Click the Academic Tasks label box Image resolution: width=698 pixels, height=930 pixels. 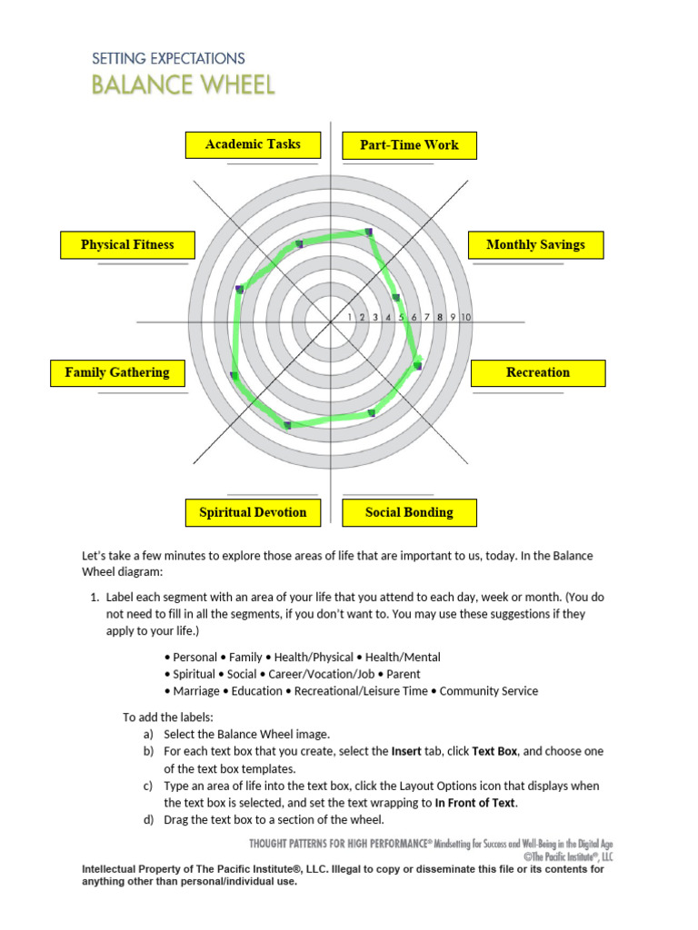[x=254, y=145]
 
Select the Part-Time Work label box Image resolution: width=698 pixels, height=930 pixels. [x=409, y=145]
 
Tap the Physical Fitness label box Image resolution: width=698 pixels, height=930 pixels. [x=127, y=245]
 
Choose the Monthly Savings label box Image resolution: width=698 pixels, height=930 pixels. [x=536, y=245]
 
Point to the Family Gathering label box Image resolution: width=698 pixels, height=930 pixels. [x=117, y=373]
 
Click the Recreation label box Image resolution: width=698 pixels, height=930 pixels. [x=538, y=373]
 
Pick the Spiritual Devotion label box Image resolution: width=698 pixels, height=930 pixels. [x=253, y=513]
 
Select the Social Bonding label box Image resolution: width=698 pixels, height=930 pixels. [x=409, y=513]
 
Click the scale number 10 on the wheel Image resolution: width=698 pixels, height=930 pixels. [x=465, y=317]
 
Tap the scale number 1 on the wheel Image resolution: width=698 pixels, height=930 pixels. [x=349, y=317]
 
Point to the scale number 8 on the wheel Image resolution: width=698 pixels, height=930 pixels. [x=440, y=317]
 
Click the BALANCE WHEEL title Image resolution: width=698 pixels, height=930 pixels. [x=183, y=85]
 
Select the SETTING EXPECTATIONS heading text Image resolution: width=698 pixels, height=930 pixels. [x=168, y=58]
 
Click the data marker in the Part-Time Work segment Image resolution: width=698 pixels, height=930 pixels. [x=369, y=232]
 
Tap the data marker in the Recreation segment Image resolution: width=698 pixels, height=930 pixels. [x=418, y=365]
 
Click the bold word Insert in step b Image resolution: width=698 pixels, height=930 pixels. [x=406, y=752]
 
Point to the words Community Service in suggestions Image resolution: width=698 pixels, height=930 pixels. [x=489, y=691]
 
